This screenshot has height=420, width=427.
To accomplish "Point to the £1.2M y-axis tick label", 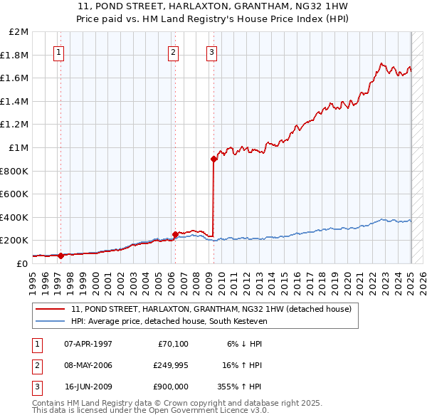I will [x=16, y=125].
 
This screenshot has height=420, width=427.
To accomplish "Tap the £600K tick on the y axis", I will [x=16, y=194].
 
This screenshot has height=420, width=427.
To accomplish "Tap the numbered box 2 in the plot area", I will [x=173, y=51].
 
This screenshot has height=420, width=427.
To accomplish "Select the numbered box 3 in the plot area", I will [x=212, y=51].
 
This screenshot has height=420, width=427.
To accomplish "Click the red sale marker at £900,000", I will [x=213, y=159].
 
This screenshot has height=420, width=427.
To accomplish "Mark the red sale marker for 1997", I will [x=60, y=255].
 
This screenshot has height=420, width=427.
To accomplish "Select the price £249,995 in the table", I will [x=170, y=365].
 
